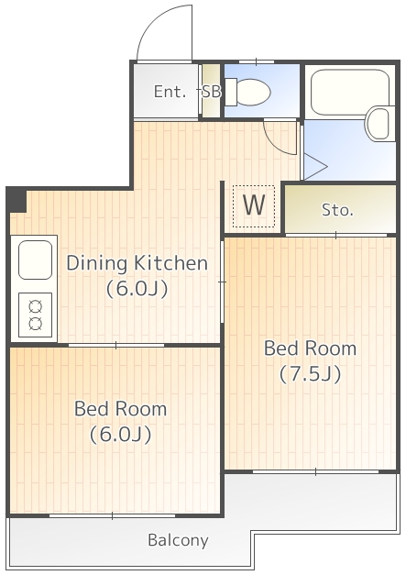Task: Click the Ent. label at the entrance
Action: (x=170, y=92)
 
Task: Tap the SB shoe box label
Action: (x=212, y=92)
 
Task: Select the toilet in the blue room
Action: (x=247, y=92)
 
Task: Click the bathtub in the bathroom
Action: (x=349, y=92)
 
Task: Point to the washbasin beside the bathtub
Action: (x=379, y=124)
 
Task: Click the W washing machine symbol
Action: (x=254, y=205)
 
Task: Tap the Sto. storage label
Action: (x=337, y=210)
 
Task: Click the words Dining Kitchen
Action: (x=137, y=263)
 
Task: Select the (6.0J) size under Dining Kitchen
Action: (x=137, y=289)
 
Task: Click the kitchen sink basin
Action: (x=35, y=260)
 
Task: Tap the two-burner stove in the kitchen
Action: (x=35, y=315)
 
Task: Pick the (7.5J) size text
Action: (x=311, y=374)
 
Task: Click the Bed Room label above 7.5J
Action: (x=311, y=348)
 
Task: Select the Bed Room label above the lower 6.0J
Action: (x=121, y=408)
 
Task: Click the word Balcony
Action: (x=178, y=540)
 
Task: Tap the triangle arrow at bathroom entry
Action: (x=315, y=167)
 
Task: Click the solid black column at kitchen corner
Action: (x=16, y=200)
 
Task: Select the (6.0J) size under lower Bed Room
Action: (x=121, y=434)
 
